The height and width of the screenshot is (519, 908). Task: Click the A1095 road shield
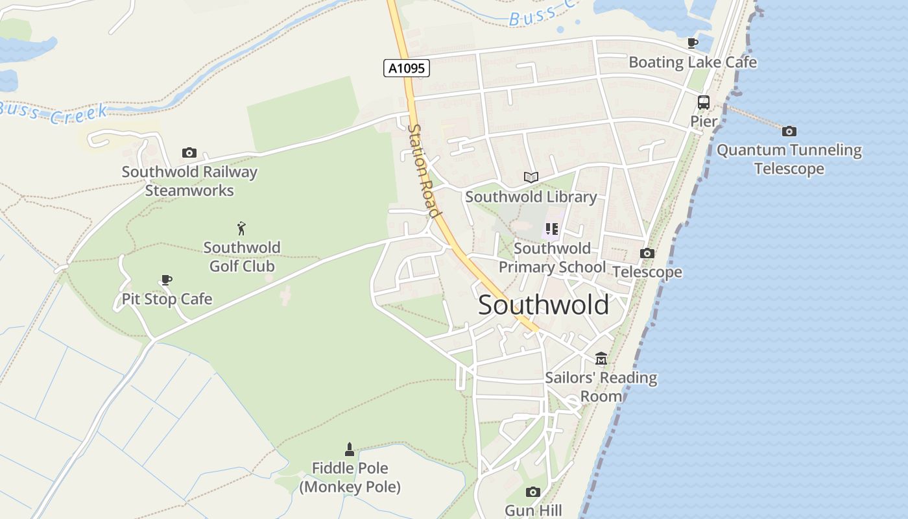tap(407, 68)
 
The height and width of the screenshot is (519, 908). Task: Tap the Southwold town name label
tap(544, 305)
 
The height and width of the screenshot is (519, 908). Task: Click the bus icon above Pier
tap(703, 103)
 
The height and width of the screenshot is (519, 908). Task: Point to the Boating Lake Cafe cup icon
tap(693, 43)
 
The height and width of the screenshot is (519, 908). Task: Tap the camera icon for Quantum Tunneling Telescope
tap(789, 131)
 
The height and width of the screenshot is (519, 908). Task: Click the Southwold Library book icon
tap(531, 177)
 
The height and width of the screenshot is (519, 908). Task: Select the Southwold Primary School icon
tap(551, 228)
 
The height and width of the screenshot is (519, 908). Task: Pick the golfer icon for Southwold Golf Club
tap(241, 228)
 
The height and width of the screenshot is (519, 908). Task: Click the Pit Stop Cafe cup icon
tap(167, 280)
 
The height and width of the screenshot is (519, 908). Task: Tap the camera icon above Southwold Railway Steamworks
tap(189, 153)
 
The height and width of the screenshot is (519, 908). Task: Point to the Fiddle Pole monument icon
tap(350, 449)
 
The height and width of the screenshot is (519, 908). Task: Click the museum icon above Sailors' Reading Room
tap(601, 359)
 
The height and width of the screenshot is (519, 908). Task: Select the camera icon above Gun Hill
tap(532, 492)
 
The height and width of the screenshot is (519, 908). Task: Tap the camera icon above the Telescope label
tap(647, 254)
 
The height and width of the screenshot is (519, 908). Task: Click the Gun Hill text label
tap(533, 511)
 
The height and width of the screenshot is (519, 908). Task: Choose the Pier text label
tap(704, 121)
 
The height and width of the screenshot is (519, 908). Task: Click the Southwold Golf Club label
tap(242, 257)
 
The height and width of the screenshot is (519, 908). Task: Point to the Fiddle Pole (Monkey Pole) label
tap(350, 477)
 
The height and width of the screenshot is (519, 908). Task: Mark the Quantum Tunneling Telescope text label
tap(789, 160)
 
